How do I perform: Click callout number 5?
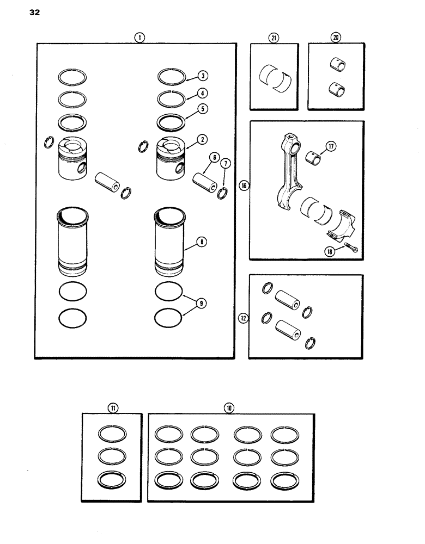click(202, 108)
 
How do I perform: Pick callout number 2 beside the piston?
click(202, 140)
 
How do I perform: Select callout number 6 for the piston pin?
click(214, 157)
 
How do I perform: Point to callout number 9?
click(202, 305)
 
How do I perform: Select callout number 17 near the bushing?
click(330, 145)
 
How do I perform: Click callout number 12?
click(243, 319)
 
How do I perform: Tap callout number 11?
click(113, 407)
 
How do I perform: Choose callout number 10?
click(229, 407)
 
